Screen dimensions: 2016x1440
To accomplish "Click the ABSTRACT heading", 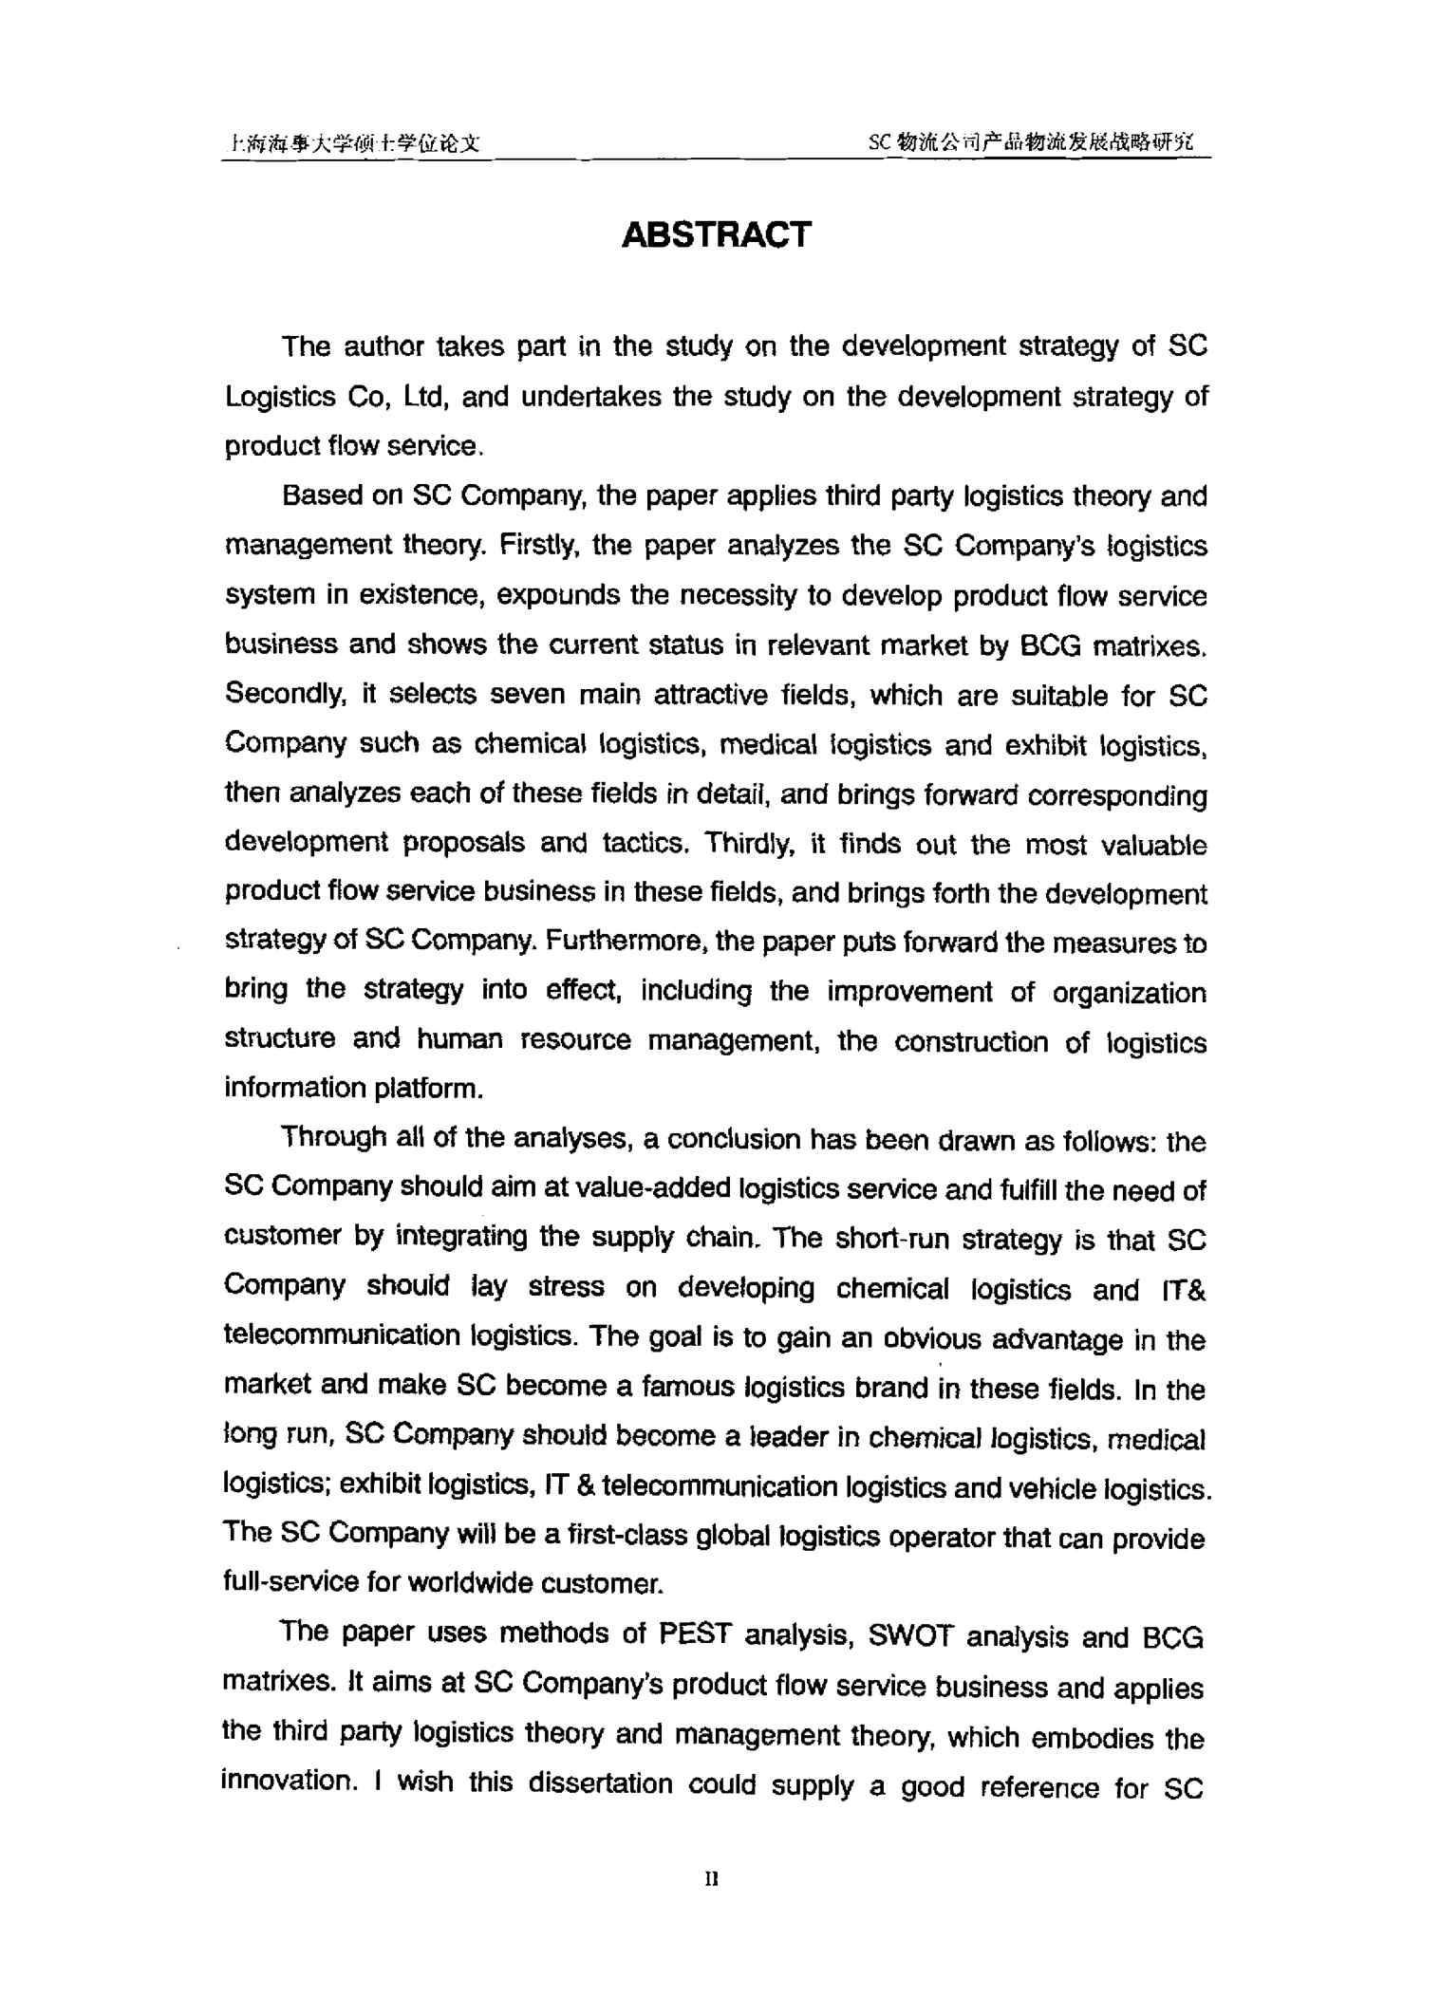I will [716, 234].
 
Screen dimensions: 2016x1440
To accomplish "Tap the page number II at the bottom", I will [713, 1878].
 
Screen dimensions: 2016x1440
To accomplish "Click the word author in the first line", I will [383, 347].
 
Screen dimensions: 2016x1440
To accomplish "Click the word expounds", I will [557, 596].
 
